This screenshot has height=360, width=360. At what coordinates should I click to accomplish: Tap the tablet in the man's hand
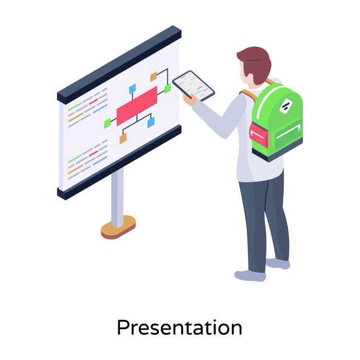193,85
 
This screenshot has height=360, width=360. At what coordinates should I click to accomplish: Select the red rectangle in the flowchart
137,105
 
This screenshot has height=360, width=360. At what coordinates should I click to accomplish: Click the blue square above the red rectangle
132,88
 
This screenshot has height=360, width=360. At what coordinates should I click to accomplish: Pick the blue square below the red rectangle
151,122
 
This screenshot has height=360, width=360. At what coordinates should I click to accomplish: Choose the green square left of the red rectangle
107,123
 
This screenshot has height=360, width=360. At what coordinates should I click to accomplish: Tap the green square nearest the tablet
167,88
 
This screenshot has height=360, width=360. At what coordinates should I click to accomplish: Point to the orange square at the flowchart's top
153,77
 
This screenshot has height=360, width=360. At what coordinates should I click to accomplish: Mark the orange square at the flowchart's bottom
123,138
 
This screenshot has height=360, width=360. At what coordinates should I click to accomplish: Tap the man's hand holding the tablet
189,100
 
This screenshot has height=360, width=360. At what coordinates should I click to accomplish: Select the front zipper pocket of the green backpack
289,133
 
